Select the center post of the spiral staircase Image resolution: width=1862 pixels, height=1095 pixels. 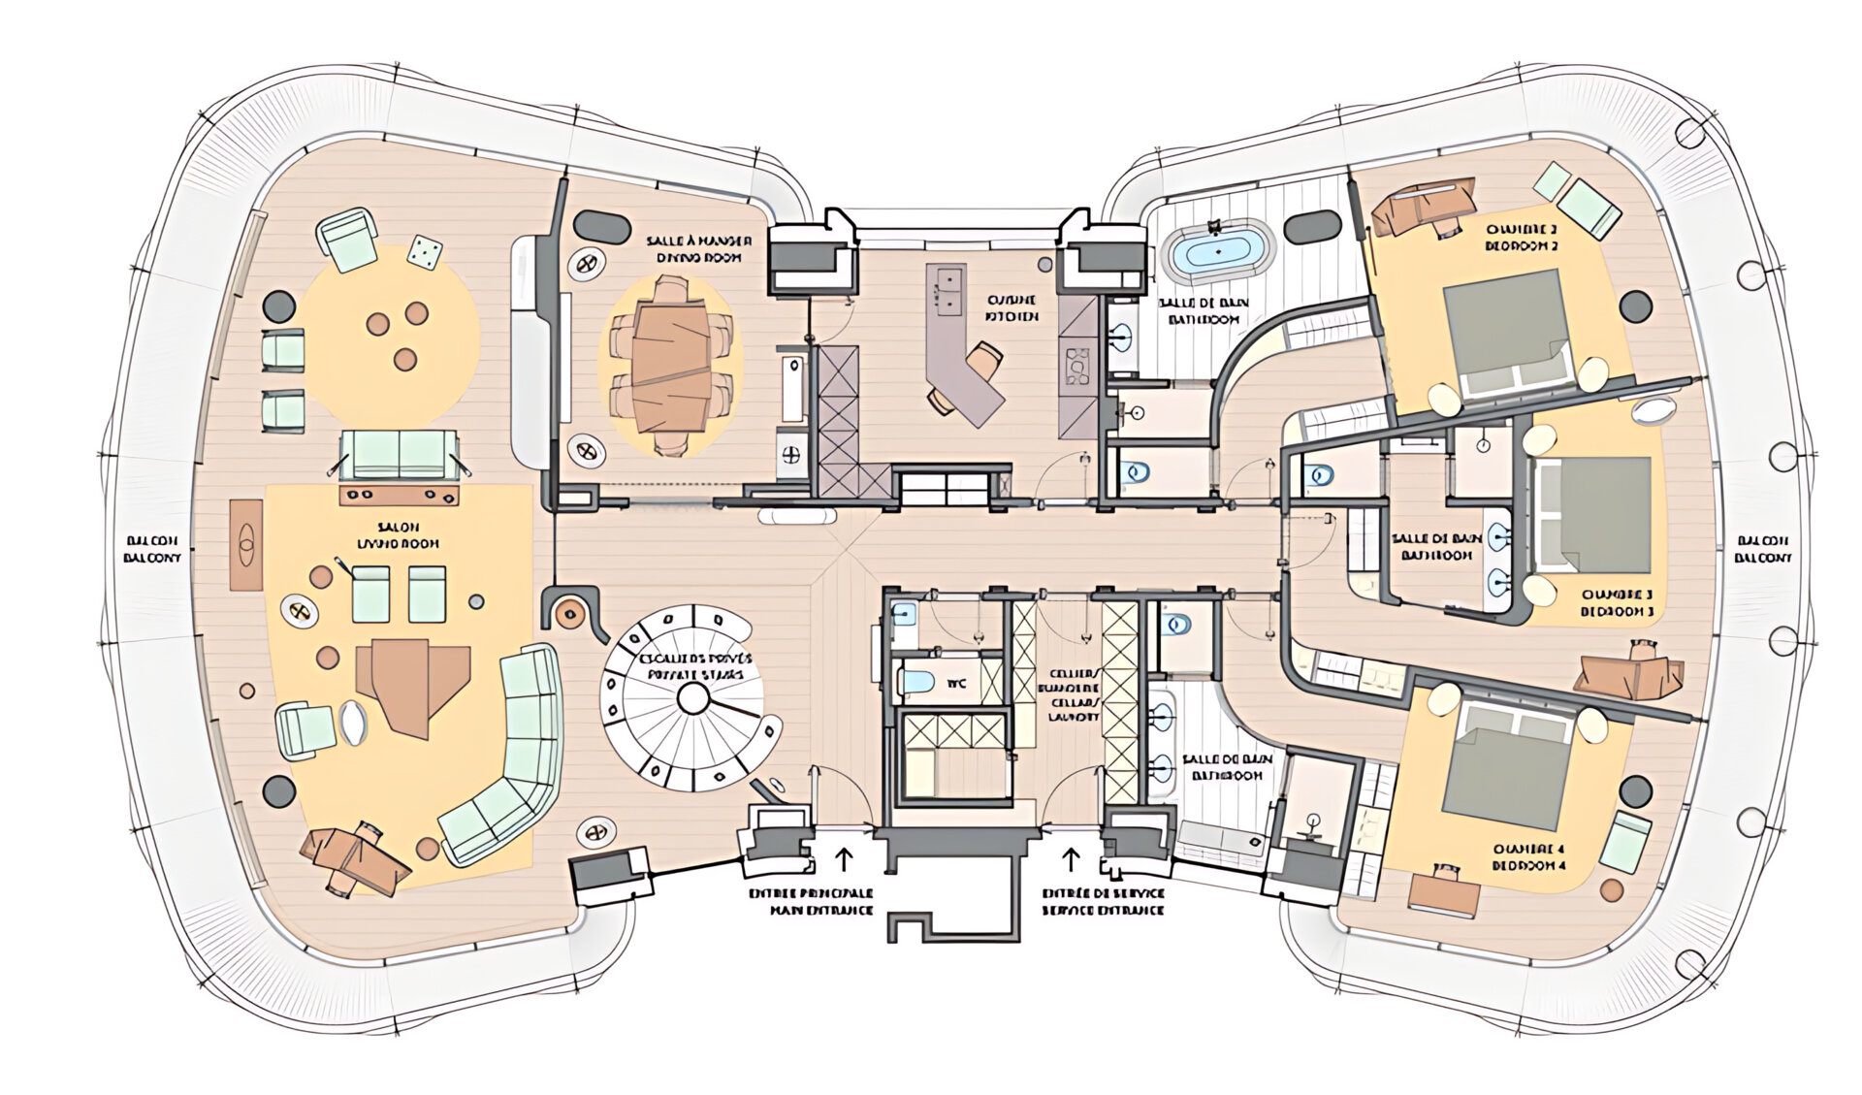692,697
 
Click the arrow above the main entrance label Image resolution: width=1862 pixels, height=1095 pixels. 843,858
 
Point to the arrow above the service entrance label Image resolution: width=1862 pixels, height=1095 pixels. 1073,858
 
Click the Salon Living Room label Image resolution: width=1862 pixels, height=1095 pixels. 398,535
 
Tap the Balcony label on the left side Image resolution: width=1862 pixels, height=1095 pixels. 153,549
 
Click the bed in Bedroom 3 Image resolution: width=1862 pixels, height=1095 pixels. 1590,514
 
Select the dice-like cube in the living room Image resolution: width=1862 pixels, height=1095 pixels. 424,251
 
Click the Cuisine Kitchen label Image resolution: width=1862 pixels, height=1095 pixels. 1011,308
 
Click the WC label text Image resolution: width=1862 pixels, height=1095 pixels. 956,684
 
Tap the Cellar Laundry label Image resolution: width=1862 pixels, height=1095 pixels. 1074,694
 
